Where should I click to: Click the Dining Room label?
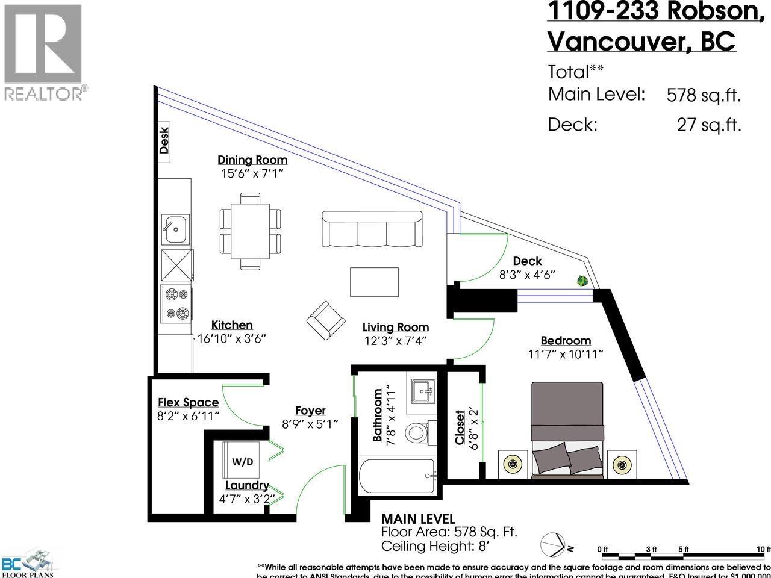coord(252,160)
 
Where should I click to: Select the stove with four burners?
coord(176,304)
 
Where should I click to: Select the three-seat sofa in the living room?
coord(372,229)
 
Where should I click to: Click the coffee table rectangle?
coord(374,282)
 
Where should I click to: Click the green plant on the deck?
coord(582,281)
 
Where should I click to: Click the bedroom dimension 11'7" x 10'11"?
coord(565,355)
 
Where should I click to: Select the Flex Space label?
coord(188,402)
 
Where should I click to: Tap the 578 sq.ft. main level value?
coord(704,95)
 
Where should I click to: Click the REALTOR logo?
coord(43,51)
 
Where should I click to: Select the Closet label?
coord(460,427)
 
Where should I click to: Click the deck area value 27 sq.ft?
coord(708,125)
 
